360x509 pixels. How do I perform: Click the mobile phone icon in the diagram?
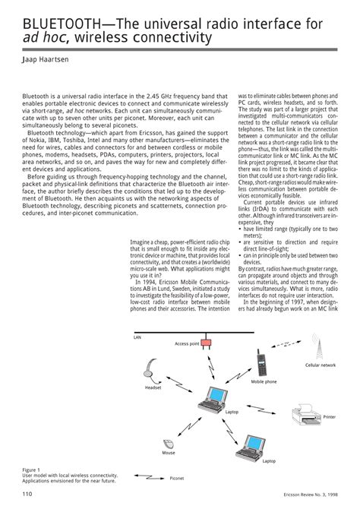click(x=261, y=364)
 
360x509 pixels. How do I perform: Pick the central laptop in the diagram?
click(x=214, y=397)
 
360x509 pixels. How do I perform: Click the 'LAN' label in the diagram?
click(x=137, y=336)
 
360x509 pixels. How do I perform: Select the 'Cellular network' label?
click(x=320, y=365)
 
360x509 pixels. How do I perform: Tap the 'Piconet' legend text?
click(x=177, y=479)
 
